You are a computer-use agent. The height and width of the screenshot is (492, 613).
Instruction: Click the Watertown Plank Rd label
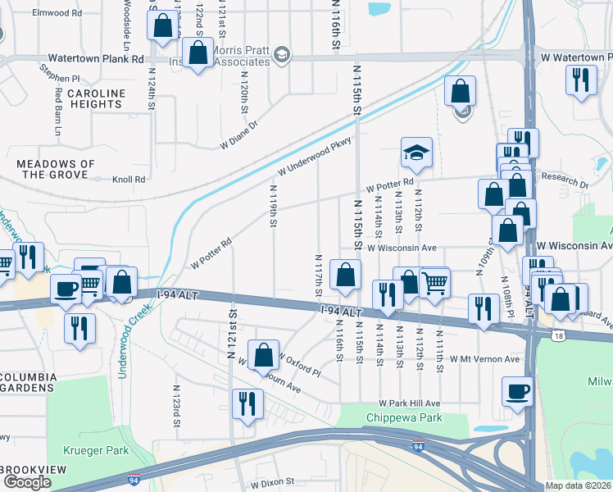point(96,59)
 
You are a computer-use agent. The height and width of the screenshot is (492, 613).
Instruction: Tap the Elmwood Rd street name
point(58,13)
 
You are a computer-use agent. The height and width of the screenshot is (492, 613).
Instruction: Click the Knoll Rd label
point(128,180)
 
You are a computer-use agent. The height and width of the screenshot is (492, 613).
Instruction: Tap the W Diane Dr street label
point(238,134)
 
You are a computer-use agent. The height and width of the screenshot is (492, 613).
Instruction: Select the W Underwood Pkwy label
point(314,157)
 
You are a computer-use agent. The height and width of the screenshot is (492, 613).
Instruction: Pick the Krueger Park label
point(97,450)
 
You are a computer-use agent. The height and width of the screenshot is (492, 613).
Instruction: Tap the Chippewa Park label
point(403,417)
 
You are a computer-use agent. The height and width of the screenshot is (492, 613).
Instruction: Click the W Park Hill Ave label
point(409,403)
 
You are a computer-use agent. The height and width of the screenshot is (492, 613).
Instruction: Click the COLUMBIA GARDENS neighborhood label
point(29,383)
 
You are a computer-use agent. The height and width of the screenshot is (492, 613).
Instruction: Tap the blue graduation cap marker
point(416,153)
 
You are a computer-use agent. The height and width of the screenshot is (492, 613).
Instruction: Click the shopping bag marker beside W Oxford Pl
point(264,356)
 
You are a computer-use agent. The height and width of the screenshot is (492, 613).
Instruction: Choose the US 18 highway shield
point(534,336)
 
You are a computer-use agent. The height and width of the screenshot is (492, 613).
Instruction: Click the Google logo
point(27,482)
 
